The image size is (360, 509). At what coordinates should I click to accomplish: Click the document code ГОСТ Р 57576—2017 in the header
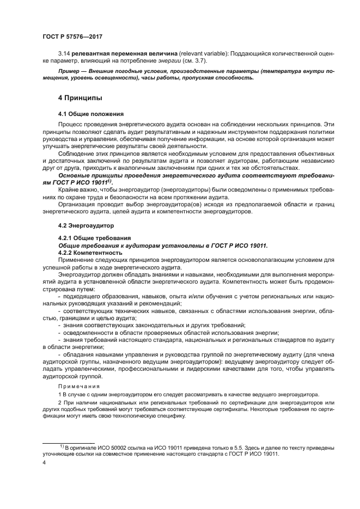tap(72, 36)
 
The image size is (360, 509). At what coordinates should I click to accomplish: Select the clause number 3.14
tap(64, 54)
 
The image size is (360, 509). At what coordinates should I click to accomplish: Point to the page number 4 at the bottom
tap(44, 463)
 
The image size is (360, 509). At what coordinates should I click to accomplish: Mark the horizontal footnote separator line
tap(69, 443)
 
